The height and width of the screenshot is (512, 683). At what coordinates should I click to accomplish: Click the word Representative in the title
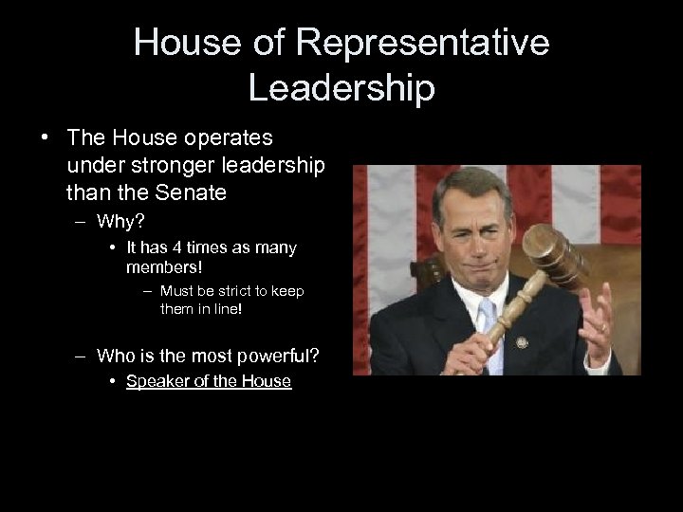[x=421, y=43]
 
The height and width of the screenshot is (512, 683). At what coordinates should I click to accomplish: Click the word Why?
[x=120, y=223]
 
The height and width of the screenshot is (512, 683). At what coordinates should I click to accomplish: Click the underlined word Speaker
[x=157, y=381]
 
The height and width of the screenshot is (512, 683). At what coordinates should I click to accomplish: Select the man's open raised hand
[x=599, y=321]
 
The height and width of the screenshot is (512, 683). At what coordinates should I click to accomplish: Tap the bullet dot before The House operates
[x=46, y=137]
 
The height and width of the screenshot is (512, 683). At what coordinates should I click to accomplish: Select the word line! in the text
[x=226, y=309]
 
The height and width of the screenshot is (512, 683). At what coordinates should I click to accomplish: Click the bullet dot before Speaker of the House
[x=112, y=381]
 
